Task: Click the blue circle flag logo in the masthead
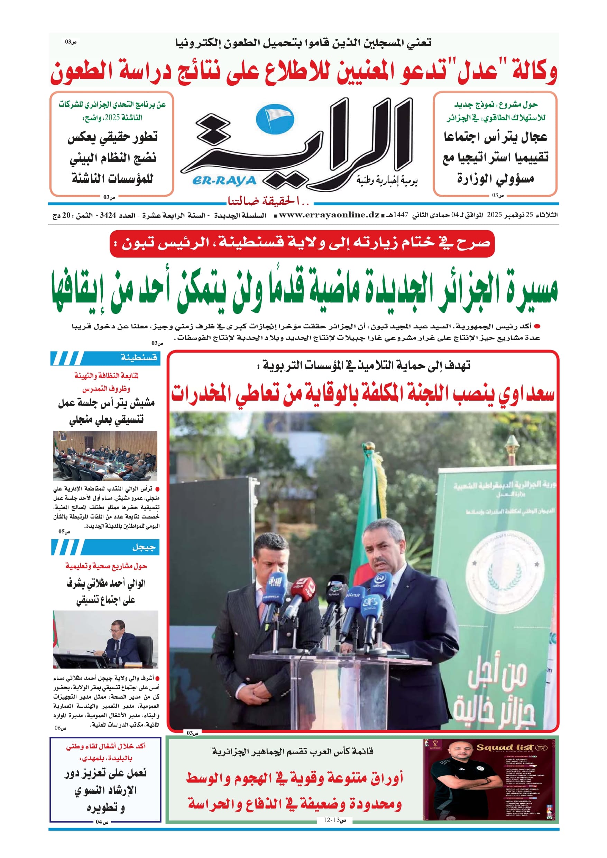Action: pos(275,119)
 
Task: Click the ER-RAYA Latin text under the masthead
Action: pos(224,181)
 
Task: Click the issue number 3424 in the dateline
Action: pos(108,215)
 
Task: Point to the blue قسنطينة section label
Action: pos(138,358)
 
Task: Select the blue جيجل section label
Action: pos(143,548)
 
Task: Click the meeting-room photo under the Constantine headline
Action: pos(105,455)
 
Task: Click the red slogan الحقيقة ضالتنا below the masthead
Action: pos(268,202)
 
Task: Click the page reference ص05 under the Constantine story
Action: pos(64,531)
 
